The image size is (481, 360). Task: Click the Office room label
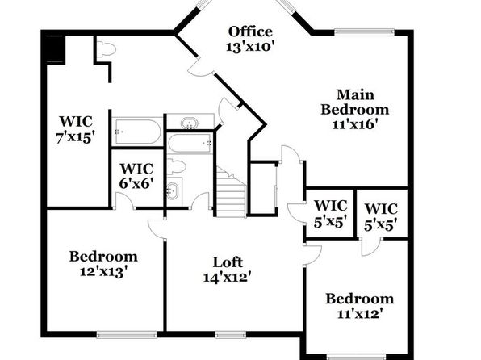[x=250, y=31]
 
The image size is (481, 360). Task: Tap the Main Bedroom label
[x=355, y=102]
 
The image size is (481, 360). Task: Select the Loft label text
[x=228, y=262]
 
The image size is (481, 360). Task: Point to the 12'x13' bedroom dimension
[x=103, y=271]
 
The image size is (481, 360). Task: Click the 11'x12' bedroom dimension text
[x=360, y=314]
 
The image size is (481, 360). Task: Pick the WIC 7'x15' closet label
[x=75, y=129]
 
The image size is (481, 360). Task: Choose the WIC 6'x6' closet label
[x=136, y=176]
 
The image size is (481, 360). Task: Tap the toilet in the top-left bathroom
[x=107, y=49]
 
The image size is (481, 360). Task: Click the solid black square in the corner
[x=55, y=49]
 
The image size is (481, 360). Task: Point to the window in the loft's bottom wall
[x=231, y=334]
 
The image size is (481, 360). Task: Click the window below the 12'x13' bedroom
[x=127, y=334]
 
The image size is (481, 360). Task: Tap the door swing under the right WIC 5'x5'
[x=370, y=247]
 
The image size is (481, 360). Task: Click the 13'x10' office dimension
[x=250, y=47]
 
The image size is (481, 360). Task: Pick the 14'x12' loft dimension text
[x=228, y=278]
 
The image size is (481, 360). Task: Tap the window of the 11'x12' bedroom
[x=357, y=357]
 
